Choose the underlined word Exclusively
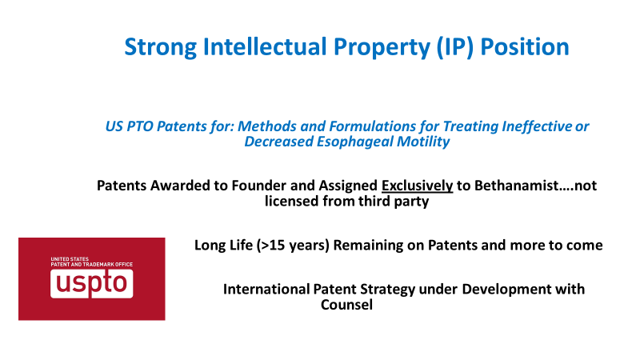click(x=418, y=186)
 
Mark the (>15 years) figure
click(x=293, y=245)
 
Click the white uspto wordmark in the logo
click(x=92, y=283)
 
